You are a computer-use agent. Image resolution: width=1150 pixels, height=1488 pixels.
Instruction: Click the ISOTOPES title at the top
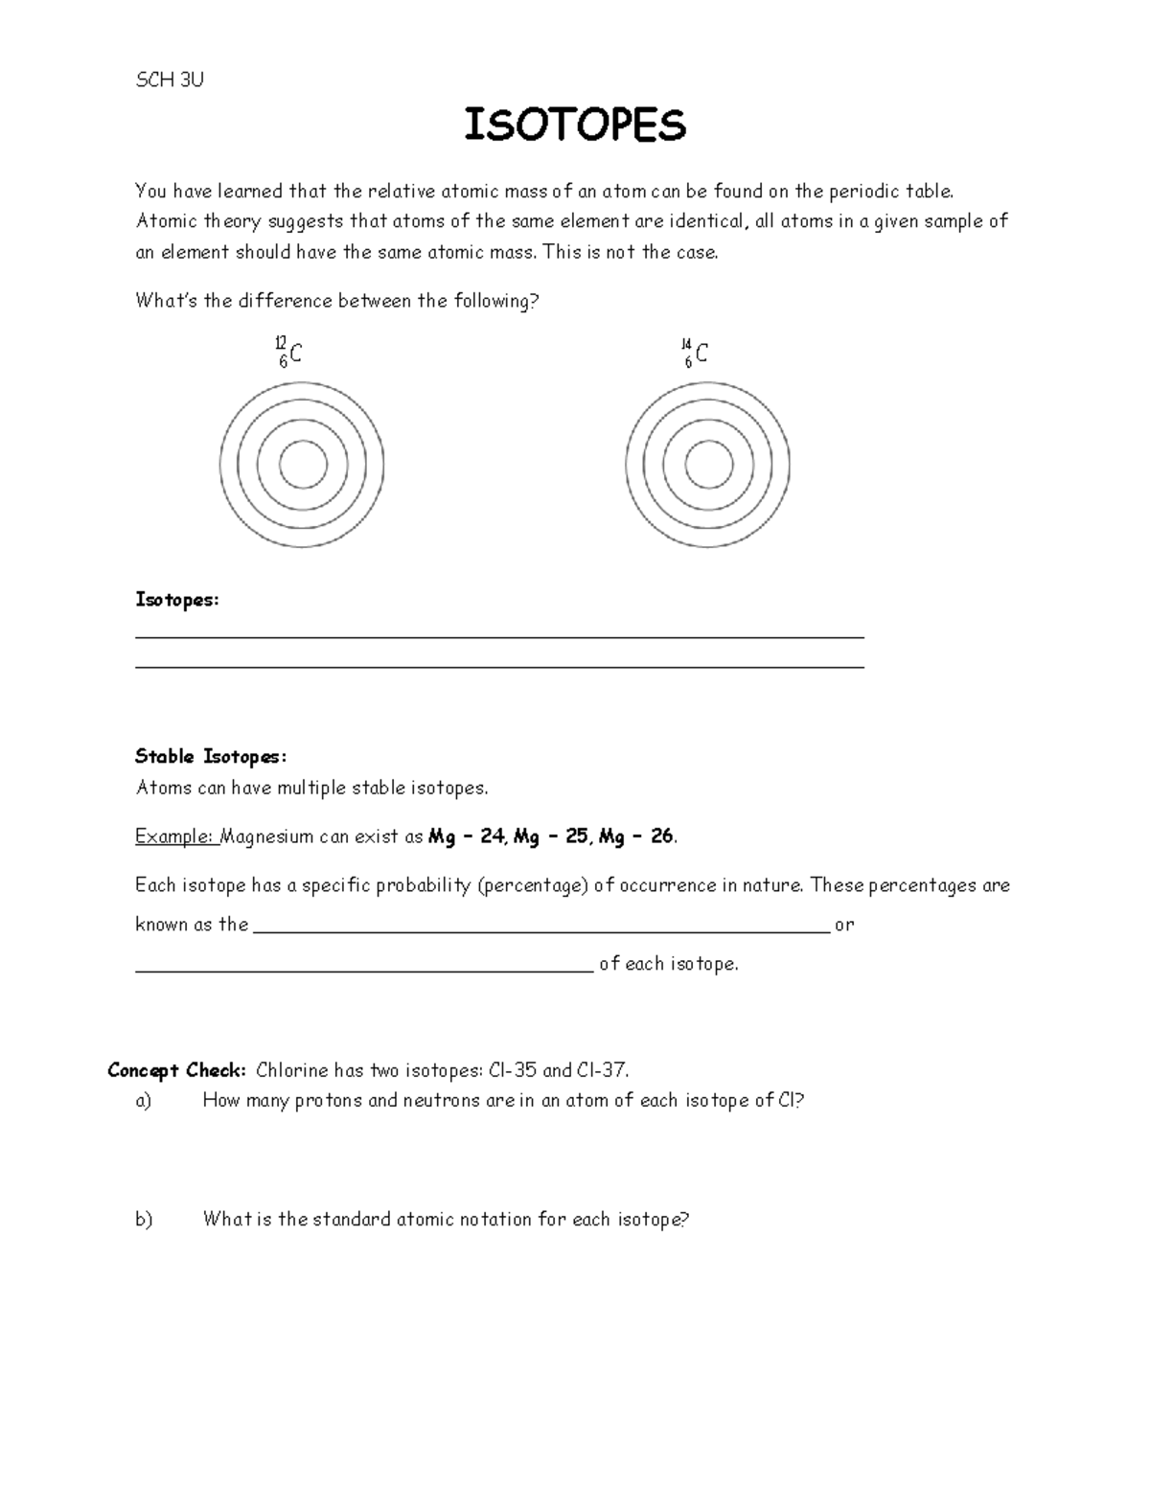pos(575,126)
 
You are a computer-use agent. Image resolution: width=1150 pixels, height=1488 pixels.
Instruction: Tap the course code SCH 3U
pos(170,80)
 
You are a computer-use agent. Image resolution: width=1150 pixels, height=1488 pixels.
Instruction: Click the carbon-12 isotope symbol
pos(288,353)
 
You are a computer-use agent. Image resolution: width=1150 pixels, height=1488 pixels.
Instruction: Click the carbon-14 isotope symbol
pos(695,354)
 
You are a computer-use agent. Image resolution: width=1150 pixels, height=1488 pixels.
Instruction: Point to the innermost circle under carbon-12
pos(303,465)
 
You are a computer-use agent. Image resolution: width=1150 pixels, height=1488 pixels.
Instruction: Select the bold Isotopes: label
pos(177,600)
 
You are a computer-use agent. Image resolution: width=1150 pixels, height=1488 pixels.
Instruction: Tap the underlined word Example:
pos(177,836)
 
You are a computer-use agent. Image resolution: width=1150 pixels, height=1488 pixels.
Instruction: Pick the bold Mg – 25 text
pos(551,836)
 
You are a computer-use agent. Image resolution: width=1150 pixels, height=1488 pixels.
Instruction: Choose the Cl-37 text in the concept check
pos(602,1070)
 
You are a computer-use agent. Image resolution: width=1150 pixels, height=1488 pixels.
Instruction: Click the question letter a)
pos(144,1101)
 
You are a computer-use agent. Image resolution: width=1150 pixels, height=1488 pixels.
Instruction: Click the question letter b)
pos(144,1220)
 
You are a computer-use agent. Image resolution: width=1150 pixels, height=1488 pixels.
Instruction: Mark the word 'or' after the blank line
pos(844,926)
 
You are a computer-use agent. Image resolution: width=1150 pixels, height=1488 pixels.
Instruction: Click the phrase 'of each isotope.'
pos(669,965)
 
